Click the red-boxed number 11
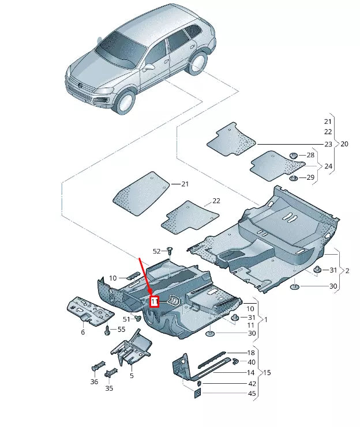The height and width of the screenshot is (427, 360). coord(154,301)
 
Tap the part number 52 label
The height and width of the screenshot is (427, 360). coord(157,251)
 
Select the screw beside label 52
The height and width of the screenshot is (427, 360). coord(170,251)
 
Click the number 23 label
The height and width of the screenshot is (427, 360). coord(328,144)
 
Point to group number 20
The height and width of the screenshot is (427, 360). coord(344,144)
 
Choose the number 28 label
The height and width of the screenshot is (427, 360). coord(310,155)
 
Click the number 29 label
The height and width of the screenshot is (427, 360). coord(310,177)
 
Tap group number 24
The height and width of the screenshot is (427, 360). coord(328,167)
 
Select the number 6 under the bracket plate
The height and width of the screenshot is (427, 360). coord(83,332)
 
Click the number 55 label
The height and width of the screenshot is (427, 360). coord(121,329)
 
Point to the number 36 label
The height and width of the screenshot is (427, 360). coord(94,381)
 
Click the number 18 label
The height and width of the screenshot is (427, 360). coord(251,353)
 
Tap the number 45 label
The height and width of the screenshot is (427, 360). coord(252,394)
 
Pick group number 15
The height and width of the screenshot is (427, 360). coord(267,373)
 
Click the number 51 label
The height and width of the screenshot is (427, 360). coord(126,319)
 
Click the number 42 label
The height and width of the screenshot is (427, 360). coord(252,383)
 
